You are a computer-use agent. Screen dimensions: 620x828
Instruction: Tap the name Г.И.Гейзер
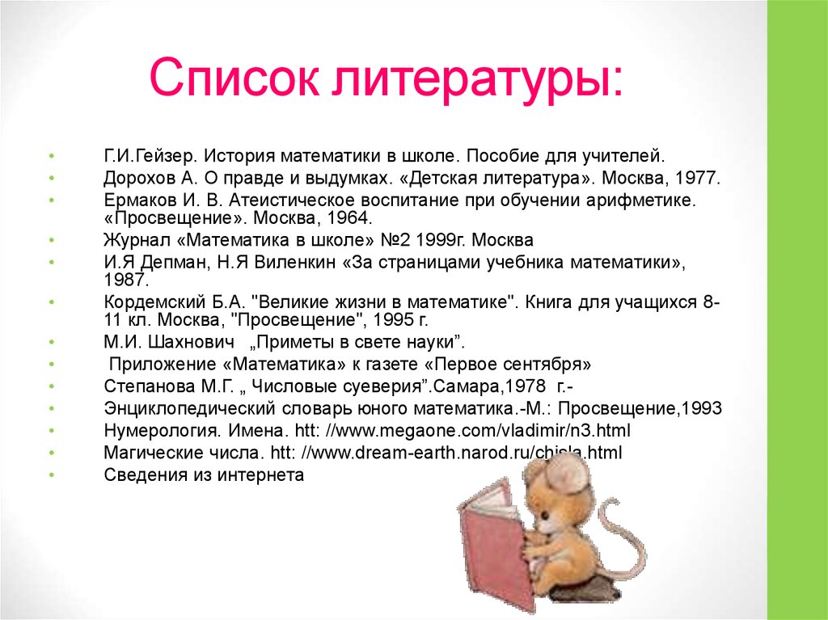[x=149, y=154]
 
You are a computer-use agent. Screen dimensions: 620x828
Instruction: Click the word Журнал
[x=132, y=241]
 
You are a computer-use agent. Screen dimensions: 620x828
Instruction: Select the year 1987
[x=126, y=280]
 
